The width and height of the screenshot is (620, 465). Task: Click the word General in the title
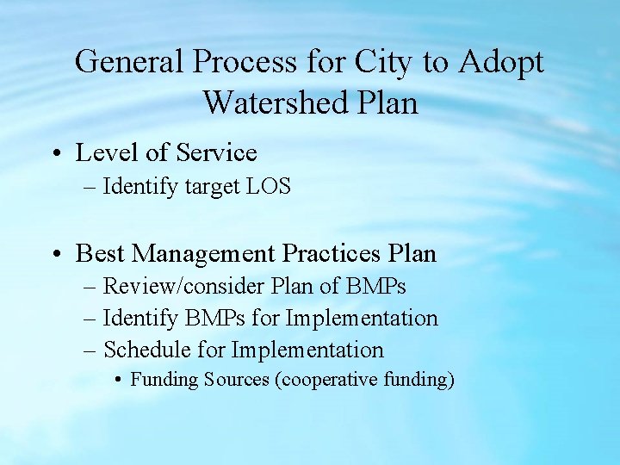pos(129,62)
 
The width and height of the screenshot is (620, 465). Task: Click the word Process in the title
pos(245,62)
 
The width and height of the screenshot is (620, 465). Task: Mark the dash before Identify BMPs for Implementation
pos(91,319)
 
